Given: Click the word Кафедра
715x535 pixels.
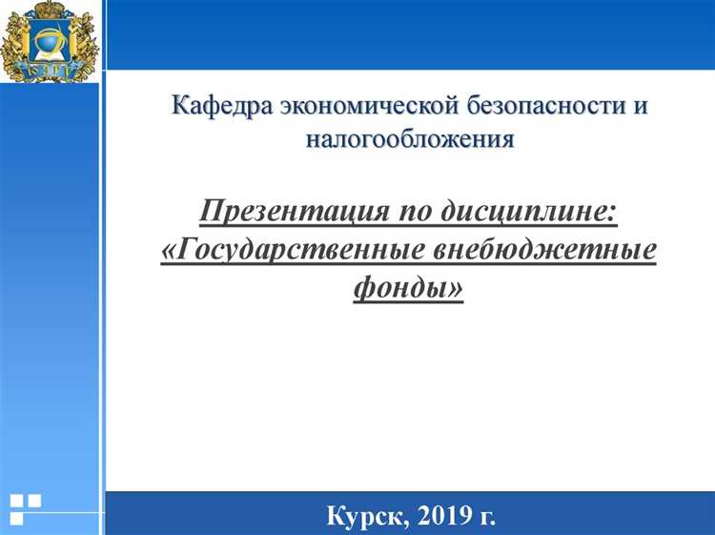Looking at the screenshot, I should tap(218, 105).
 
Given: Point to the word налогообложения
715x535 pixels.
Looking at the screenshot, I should tap(410, 139).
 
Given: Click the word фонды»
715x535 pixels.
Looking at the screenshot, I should tap(408, 285).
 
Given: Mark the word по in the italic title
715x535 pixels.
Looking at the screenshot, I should tap(410, 212).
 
